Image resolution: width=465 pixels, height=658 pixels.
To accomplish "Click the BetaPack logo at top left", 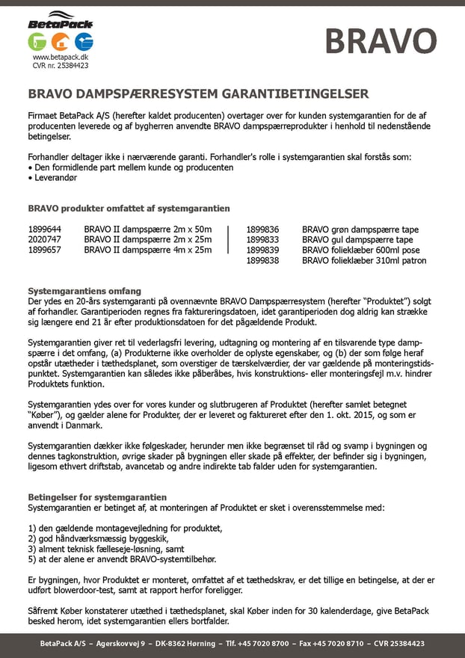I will tap(61, 20).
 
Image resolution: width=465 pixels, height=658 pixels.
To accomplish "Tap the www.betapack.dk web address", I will tap(61, 57).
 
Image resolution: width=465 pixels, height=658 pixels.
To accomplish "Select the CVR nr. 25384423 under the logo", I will tap(61, 65).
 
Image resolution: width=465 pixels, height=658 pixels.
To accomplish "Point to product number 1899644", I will tap(45, 230).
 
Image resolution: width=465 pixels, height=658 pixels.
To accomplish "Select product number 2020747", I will tap(45, 239).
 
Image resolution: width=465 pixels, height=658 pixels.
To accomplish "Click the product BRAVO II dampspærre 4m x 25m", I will tap(148, 250).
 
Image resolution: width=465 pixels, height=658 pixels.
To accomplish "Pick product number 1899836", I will tap(262, 230).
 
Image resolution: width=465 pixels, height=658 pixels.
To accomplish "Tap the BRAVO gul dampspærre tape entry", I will tap(357, 239).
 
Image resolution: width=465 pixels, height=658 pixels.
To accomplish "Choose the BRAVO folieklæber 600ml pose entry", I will tap(361, 250).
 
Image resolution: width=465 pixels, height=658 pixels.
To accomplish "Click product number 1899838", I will tap(262, 260).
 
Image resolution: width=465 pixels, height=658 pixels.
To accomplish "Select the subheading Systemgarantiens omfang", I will tap(84, 291).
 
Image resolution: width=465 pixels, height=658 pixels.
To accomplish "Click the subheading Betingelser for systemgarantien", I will tap(97, 497).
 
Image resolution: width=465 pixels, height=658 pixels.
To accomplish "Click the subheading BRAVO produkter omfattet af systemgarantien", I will tap(129, 209).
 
